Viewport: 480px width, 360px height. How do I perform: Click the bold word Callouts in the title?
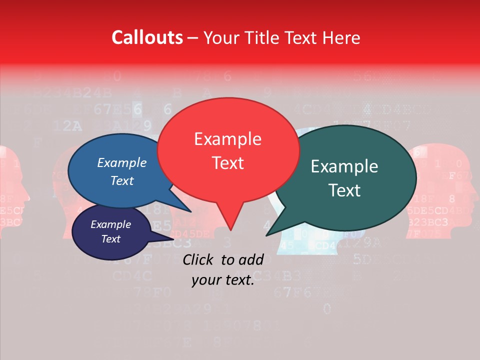click(147, 37)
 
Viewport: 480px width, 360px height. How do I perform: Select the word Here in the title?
click(341, 37)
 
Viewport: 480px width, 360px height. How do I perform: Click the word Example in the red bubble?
click(227, 139)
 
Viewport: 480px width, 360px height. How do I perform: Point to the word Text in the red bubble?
click(227, 163)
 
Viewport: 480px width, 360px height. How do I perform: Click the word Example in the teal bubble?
click(344, 166)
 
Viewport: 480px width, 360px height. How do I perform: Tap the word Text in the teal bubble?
click(344, 190)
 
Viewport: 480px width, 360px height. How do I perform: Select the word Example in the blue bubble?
click(122, 162)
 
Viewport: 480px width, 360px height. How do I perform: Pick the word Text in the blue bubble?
click(122, 180)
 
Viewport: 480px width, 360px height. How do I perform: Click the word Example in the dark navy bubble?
click(111, 224)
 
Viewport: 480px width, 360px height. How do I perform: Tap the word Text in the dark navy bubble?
click(111, 239)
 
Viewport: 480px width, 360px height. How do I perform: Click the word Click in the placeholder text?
click(199, 259)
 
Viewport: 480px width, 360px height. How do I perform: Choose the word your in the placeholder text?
click(205, 280)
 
